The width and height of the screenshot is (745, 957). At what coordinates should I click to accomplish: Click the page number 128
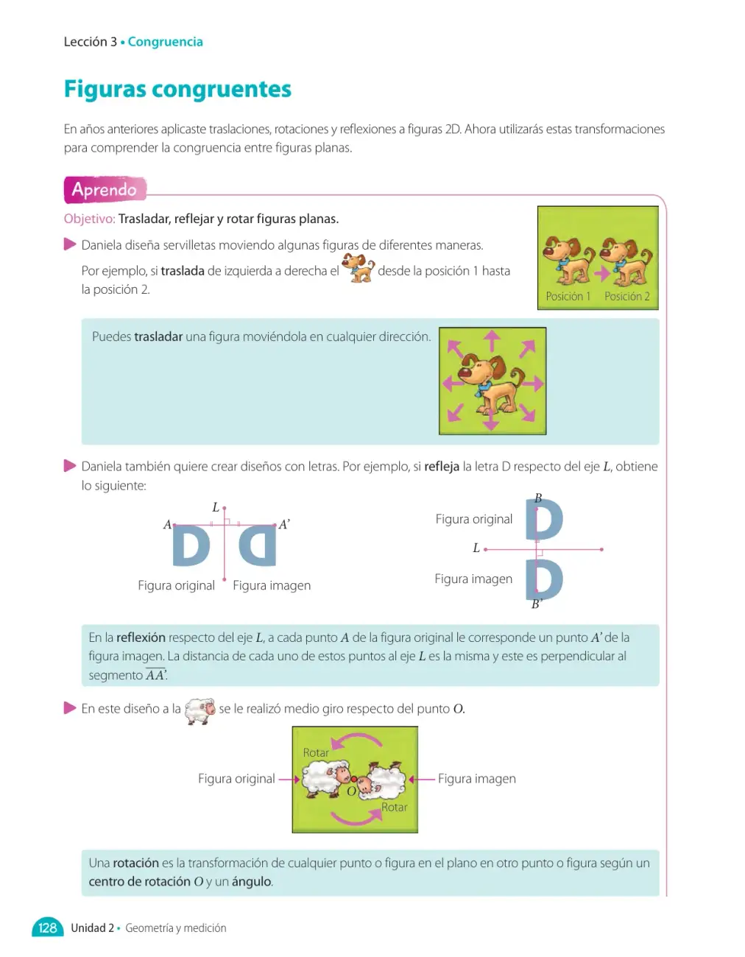click(47, 928)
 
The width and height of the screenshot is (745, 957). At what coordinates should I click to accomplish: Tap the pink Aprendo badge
click(105, 190)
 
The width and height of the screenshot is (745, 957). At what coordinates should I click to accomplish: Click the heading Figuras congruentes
click(177, 89)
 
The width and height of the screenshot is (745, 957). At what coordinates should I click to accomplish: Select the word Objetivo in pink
click(90, 219)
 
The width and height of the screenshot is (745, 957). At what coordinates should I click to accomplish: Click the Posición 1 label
click(568, 297)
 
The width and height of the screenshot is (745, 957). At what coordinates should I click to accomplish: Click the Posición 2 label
click(627, 297)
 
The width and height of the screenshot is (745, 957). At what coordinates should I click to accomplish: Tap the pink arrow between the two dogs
click(601, 274)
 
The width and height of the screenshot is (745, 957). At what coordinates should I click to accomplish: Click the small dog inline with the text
click(359, 267)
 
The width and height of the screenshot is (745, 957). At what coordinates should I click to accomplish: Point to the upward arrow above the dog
click(492, 342)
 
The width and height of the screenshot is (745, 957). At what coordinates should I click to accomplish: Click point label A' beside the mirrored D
click(284, 524)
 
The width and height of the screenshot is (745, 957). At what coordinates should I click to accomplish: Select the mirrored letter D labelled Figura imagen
click(258, 546)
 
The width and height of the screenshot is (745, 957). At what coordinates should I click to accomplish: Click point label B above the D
click(538, 498)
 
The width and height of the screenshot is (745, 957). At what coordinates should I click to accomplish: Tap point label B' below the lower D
click(536, 604)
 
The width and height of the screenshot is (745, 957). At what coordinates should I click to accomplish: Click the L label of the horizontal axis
click(476, 548)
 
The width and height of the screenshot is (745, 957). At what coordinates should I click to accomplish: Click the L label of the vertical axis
click(215, 507)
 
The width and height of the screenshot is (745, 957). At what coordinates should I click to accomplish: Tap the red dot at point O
click(353, 779)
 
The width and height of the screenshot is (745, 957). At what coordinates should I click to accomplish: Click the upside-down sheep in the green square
click(381, 780)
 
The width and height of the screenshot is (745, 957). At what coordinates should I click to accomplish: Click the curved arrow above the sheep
click(356, 741)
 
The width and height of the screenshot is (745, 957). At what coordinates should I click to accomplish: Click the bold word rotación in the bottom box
click(135, 863)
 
